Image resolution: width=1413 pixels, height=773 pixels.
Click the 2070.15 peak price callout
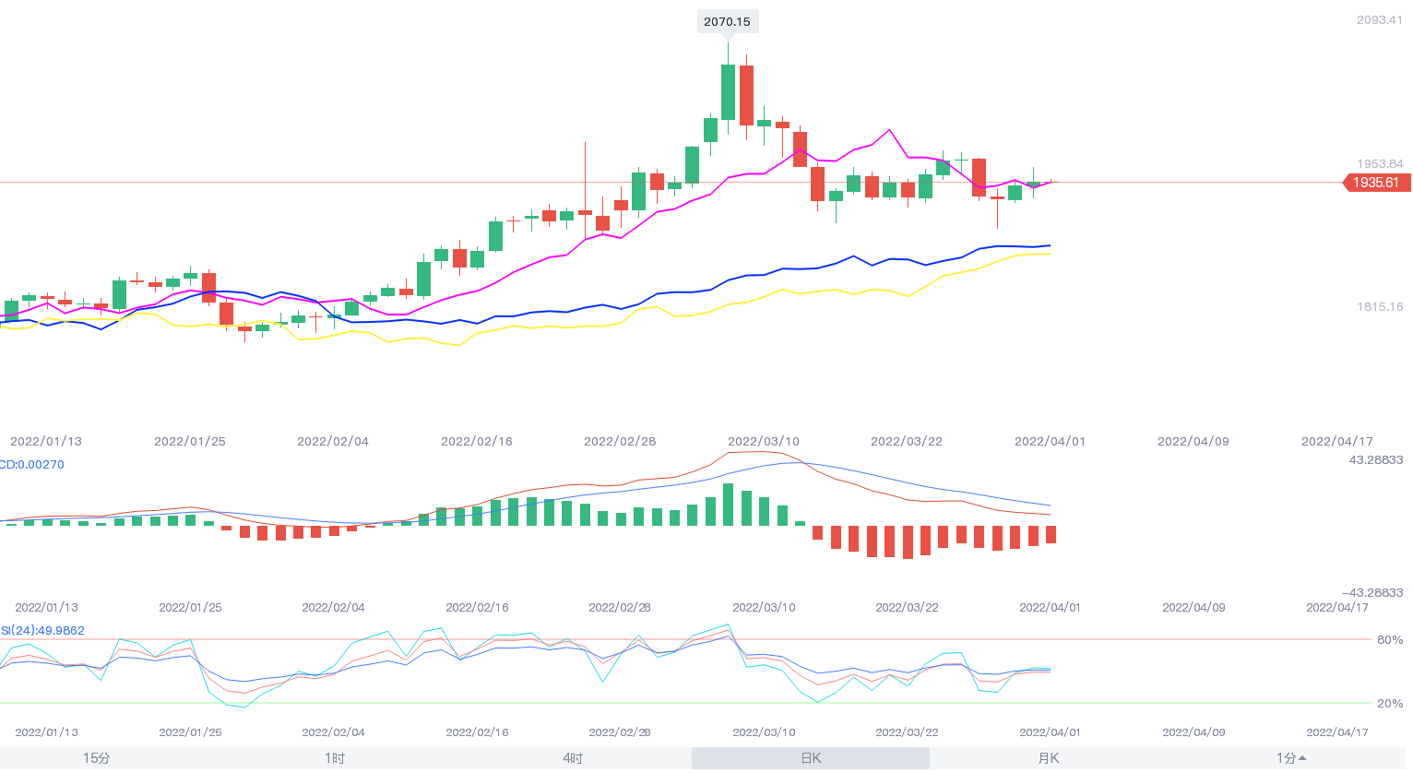pyautogui.click(x=727, y=21)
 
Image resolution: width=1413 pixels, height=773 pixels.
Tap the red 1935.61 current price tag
pyautogui.click(x=1376, y=183)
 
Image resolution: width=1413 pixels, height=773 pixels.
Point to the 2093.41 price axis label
pyautogui.click(x=1379, y=20)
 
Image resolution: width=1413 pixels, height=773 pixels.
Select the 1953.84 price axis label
pyautogui.click(x=1379, y=164)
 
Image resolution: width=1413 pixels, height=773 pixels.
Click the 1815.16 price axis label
pyautogui.click(x=1379, y=307)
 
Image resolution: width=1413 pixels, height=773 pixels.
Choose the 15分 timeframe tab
pyautogui.click(x=96, y=758)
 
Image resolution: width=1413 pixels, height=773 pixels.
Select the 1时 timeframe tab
pyautogui.click(x=335, y=758)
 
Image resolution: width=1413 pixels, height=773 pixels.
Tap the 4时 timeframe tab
pyautogui.click(x=573, y=758)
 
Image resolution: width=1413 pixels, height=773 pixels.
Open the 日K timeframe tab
pyautogui.click(x=811, y=758)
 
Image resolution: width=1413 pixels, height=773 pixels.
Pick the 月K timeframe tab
pyautogui.click(x=1049, y=758)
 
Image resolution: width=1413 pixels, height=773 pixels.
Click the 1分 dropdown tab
pyautogui.click(x=1290, y=758)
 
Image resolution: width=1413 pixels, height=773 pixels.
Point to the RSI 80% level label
pyautogui.click(x=1389, y=640)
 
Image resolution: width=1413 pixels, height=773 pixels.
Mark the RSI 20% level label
pyautogui.click(x=1389, y=704)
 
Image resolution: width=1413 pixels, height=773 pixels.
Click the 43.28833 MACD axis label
pyautogui.click(x=1375, y=460)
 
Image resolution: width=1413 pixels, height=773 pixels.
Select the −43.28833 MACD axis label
pyautogui.click(x=1371, y=593)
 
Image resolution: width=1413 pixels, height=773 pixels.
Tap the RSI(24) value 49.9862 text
pyautogui.click(x=44, y=631)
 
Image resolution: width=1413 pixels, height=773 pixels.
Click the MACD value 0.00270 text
pyautogui.click(x=33, y=465)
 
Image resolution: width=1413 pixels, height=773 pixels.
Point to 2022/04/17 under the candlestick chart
pyautogui.click(x=1336, y=442)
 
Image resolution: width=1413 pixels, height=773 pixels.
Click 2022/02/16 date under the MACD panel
pyautogui.click(x=477, y=608)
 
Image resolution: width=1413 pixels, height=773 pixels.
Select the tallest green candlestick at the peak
pyautogui.click(x=729, y=91)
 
